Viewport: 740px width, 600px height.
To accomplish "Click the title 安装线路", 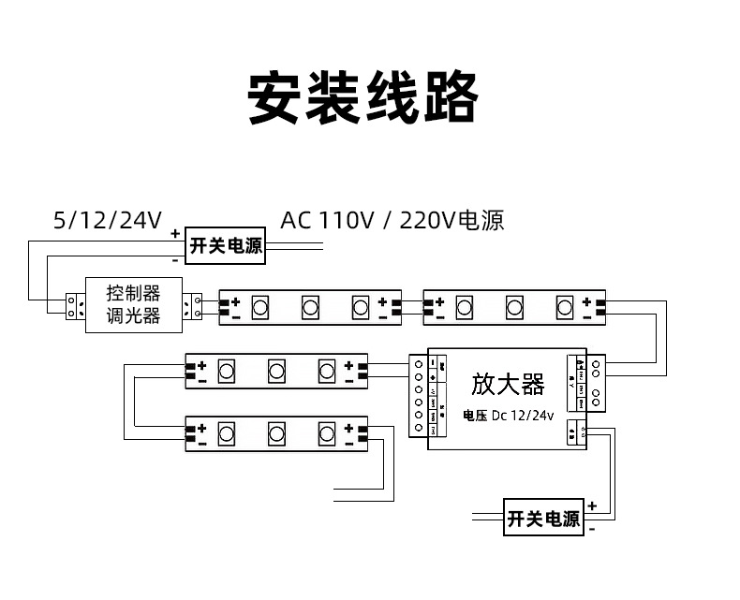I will pyautogui.click(x=363, y=97).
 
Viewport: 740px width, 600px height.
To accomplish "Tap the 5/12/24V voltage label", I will pyautogui.click(x=108, y=221).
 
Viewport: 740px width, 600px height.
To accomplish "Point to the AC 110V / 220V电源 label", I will pyautogui.click(x=392, y=221).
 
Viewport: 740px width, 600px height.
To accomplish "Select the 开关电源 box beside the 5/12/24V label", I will pyautogui.click(x=225, y=246).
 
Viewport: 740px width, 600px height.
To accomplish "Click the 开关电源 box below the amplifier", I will pyautogui.click(x=543, y=519).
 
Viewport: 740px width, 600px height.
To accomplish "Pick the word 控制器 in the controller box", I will pyautogui.click(x=133, y=293).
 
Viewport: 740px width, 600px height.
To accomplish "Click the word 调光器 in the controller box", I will pyautogui.click(x=133, y=316).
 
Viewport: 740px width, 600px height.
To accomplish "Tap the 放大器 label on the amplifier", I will pyautogui.click(x=507, y=385).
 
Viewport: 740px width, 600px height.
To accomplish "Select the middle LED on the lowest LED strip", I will pyautogui.click(x=276, y=433).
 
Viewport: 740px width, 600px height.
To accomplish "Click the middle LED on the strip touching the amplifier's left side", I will pyautogui.click(x=276, y=371).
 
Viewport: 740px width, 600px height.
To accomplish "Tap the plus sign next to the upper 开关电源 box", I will pyautogui.click(x=175, y=232).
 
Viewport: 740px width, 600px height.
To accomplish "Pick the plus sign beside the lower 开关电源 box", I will pyautogui.click(x=592, y=505).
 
